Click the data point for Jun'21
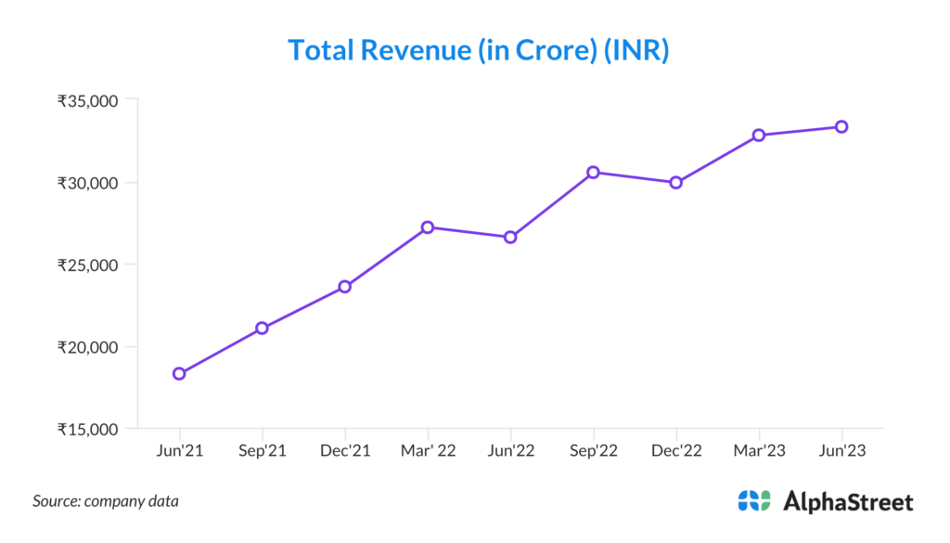179,374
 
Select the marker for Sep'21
262,328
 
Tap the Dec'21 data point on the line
344,287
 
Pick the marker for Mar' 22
428,227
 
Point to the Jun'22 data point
510,238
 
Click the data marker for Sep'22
593,172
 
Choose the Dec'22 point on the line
675,182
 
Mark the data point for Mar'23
759,135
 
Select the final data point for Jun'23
841,126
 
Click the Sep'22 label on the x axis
593,451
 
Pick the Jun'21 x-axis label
179,451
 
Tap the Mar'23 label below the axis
759,451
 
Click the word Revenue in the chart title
414,50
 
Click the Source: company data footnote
106,501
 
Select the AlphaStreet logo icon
754,501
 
